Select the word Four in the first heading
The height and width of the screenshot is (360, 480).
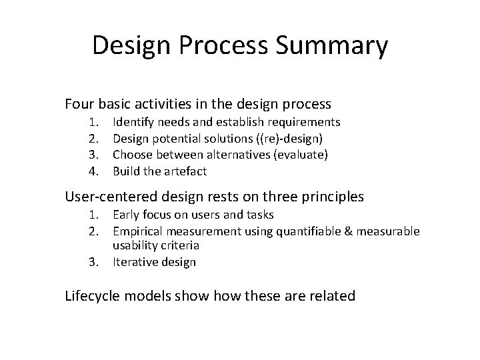point(80,104)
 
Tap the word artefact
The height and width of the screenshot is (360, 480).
point(185,171)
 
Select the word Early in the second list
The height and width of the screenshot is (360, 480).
point(127,215)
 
